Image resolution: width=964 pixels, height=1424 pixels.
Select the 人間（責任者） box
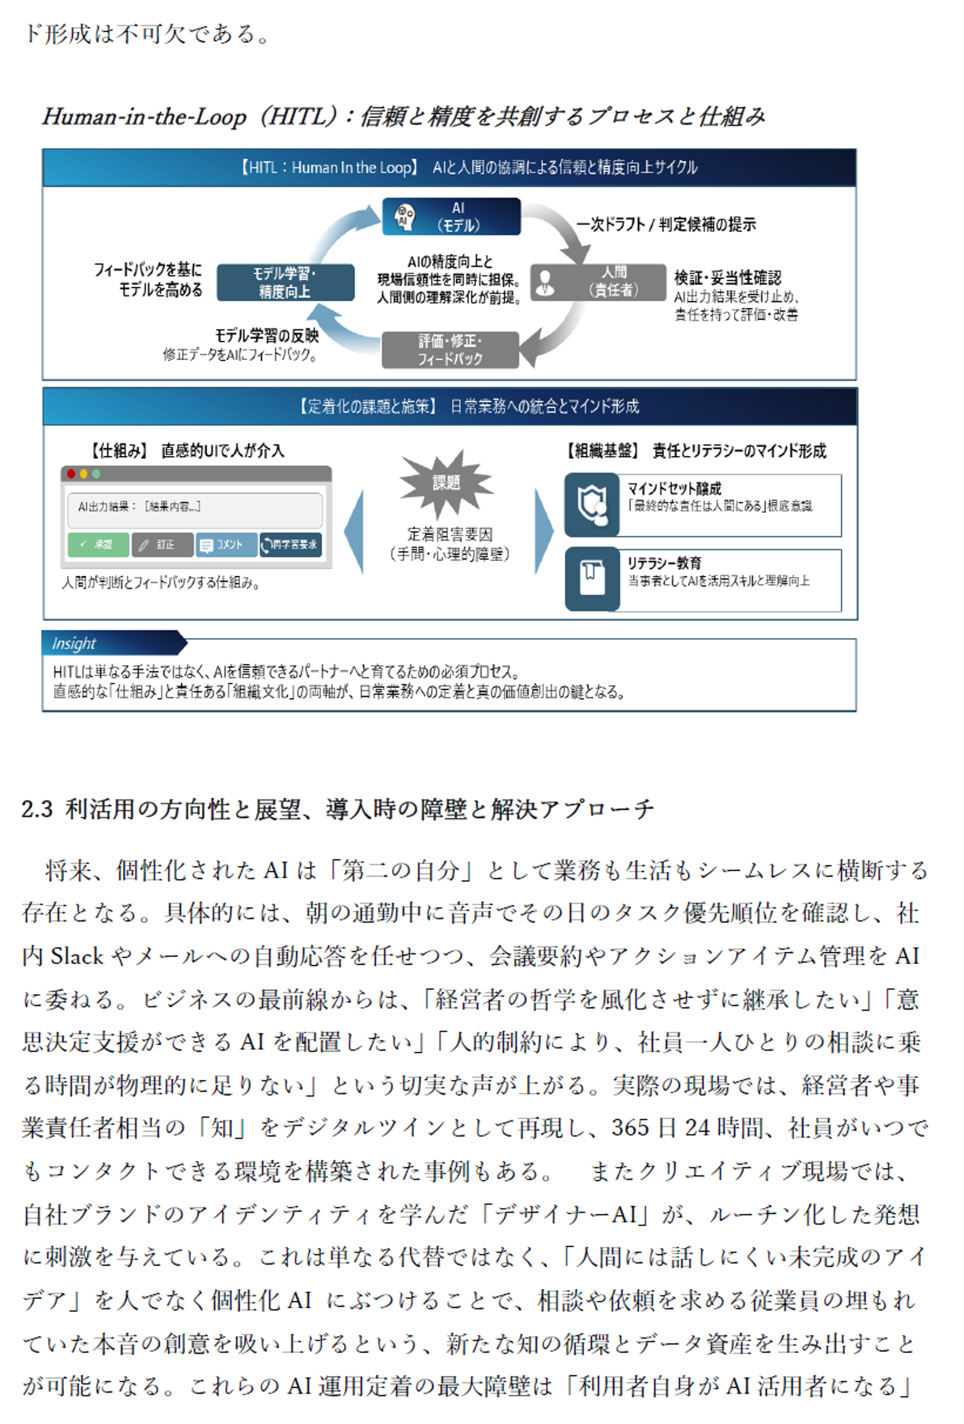click(x=598, y=282)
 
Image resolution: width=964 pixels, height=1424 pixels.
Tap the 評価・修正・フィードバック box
click(x=450, y=350)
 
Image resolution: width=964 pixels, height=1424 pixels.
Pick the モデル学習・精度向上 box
click(x=285, y=282)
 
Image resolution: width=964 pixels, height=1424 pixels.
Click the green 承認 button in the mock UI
click(x=98, y=544)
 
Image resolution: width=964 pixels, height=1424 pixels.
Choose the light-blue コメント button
click(x=226, y=544)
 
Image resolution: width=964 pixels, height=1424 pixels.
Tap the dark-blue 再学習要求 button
click(x=290, y=544)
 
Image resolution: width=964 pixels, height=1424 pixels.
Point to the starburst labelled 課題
click(x=446, y=483)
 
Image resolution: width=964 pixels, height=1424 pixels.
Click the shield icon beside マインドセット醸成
click(x=591, y=505)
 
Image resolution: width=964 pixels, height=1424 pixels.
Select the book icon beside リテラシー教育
click(x=591, y=578)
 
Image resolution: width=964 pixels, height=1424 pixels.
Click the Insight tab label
click(x=74, y=643)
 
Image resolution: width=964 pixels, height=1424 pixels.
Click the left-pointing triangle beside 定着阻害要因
click(x=354, y=531)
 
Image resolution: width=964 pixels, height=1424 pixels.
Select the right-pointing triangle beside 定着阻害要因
click(x=544, y=531)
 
